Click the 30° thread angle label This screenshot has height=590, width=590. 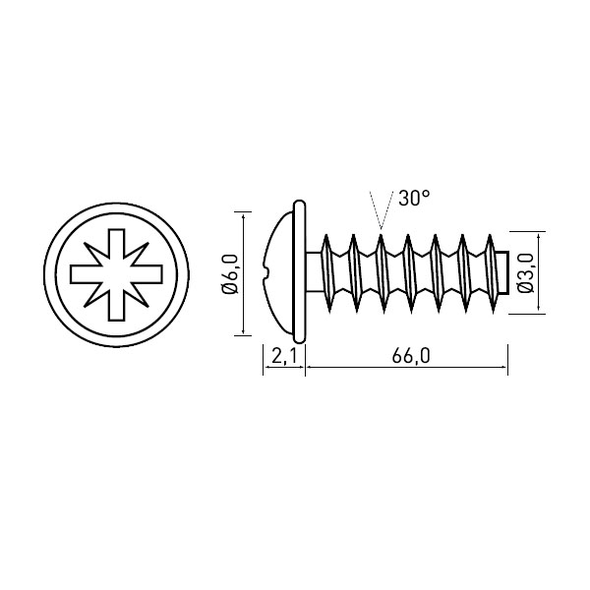(x=414, y=198)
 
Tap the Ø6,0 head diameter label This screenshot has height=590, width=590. (x=231, y=273)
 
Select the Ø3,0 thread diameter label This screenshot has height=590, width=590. (x=526, y=273)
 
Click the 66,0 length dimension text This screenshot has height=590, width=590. (x=410, y=356)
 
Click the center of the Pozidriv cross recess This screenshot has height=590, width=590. (x=116, y=274)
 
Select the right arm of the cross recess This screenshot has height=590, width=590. (x=147, y=274)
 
